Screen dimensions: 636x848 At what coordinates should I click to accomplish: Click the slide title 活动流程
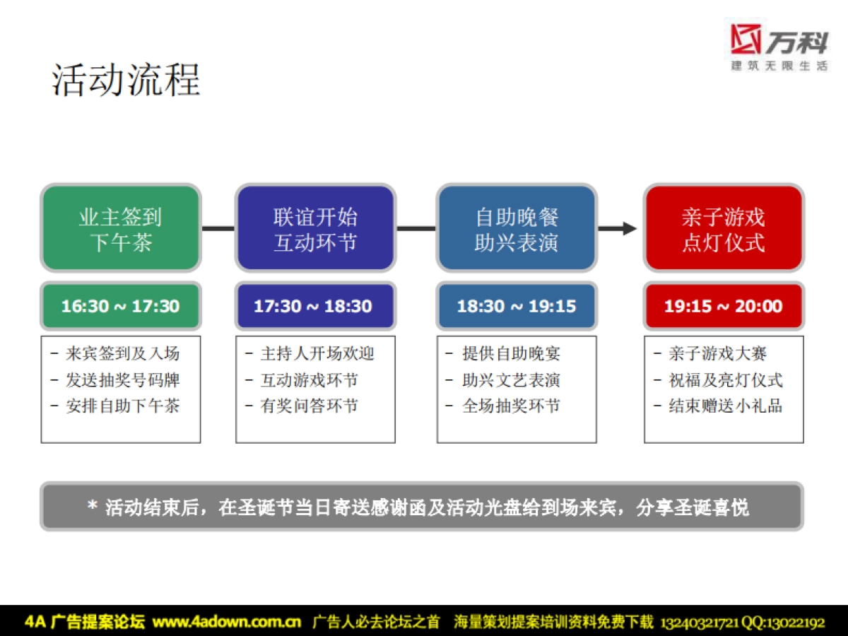(126, 79)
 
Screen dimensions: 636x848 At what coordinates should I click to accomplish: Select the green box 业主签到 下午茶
(121, 228)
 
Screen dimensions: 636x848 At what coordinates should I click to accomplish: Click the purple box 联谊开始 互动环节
(315, 228)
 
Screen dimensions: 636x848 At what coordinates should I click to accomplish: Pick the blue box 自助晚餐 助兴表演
(517, 228)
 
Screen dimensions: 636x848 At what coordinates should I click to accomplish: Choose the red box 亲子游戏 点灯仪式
(724, 228)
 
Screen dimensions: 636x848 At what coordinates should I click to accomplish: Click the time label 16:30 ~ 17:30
(121, 306)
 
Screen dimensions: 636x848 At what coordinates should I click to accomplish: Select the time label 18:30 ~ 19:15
(517, 306)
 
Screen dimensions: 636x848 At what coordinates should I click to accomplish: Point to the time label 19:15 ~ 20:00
(724, 306)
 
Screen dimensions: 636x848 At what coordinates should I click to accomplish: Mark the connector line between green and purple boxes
(218, 228)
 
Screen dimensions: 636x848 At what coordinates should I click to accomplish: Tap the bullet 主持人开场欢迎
(317, 353)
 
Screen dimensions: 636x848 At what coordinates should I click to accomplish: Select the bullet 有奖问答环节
(309, 406)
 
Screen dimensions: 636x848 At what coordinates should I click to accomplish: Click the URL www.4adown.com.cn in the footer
(227, 622)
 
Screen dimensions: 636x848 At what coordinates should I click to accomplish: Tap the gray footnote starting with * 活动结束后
(422, 507)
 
